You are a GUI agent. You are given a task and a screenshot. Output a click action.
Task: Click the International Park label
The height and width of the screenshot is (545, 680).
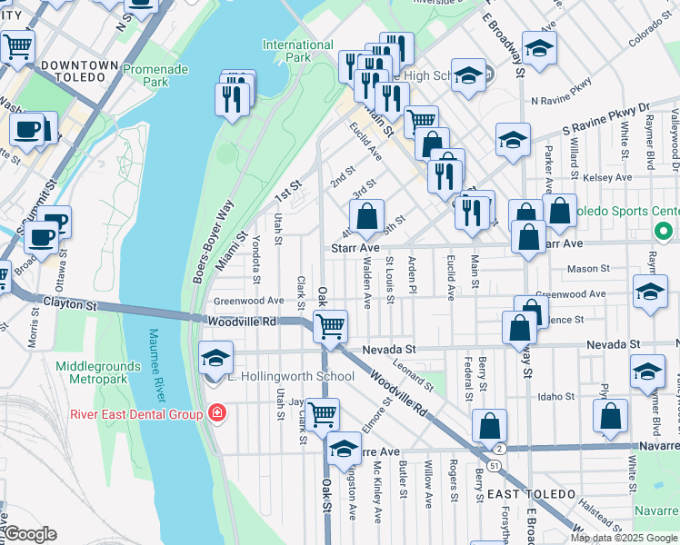(x=298, y=51)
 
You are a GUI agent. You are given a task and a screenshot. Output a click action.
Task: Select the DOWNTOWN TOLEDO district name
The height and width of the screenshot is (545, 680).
(x=80, y=72)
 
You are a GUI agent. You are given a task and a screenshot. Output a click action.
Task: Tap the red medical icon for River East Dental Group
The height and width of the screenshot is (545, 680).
(x=216, y=414)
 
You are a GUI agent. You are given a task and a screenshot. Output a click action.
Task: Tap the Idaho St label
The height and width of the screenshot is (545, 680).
(x=556, y=397)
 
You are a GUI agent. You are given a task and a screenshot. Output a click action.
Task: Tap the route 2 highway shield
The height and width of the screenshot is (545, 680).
(x=499, y=449)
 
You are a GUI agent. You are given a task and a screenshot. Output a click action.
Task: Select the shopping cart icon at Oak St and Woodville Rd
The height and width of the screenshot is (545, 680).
(x=331, y=326)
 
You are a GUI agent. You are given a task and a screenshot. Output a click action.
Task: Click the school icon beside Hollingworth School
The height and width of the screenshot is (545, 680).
(x=215, y=357)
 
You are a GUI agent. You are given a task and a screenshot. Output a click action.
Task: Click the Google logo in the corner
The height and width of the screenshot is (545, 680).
(x=32, y=534)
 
